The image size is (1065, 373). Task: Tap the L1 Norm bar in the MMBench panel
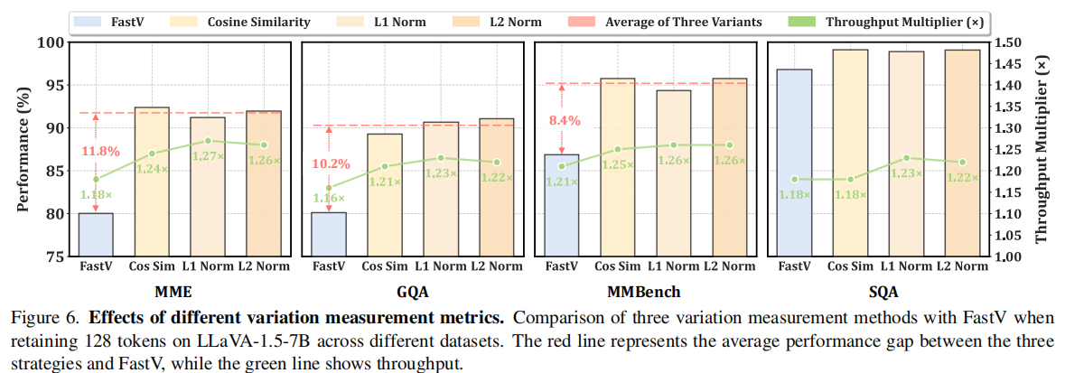pos(673,173)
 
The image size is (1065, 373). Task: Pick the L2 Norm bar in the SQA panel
pos(962,153)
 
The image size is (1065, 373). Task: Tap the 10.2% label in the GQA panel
pos(332,164)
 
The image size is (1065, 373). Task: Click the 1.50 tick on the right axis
pos(1008,42)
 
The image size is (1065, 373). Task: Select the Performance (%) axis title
pos(23,149)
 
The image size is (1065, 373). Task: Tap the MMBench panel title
pos(639,293)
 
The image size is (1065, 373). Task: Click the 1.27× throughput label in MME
pos(211,155)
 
